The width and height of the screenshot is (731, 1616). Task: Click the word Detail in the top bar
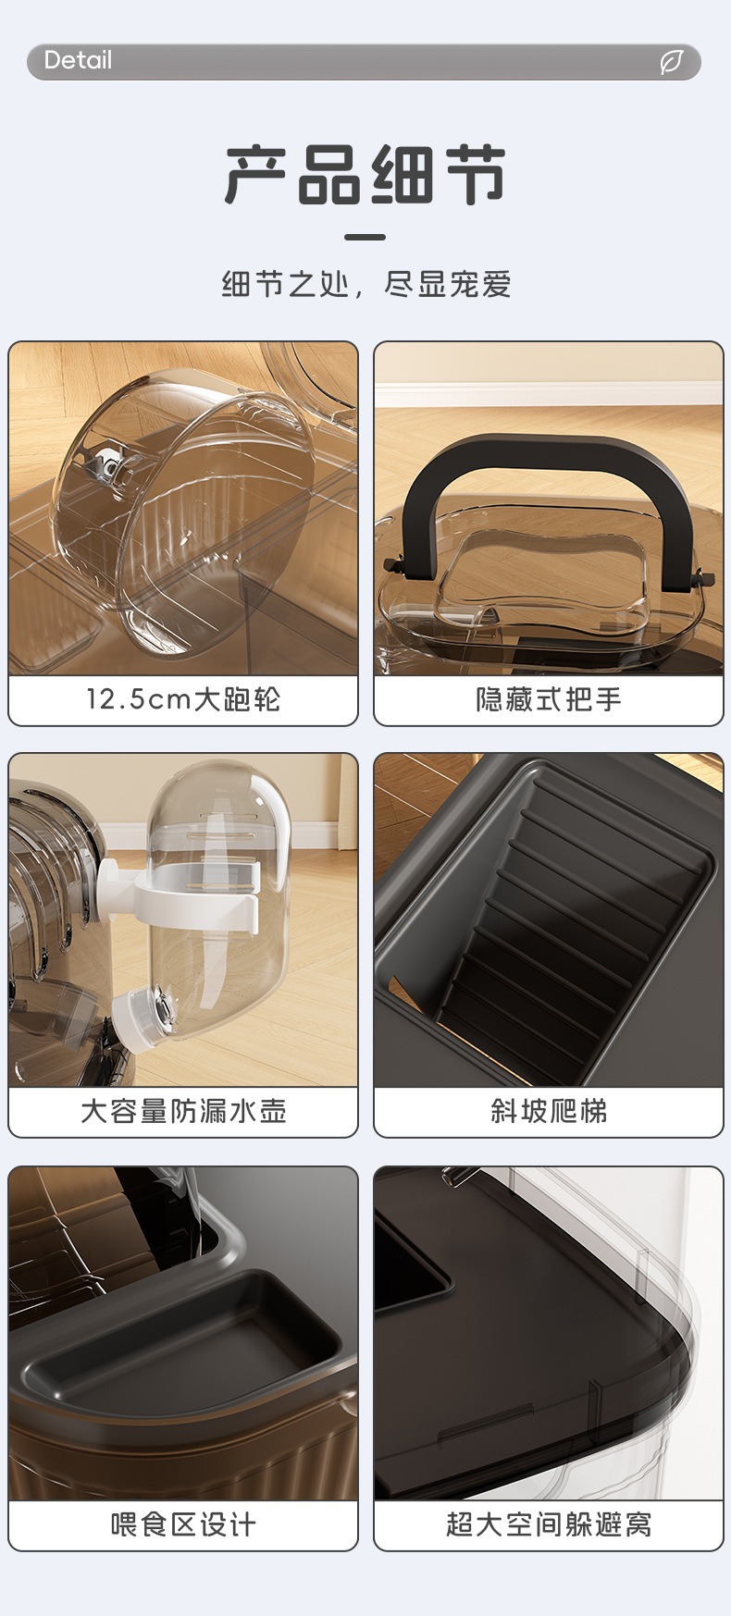click(x=78, y=61)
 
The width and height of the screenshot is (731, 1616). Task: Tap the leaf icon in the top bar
click(x=671, y=62)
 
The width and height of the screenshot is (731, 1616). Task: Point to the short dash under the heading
click(x=365, y=237)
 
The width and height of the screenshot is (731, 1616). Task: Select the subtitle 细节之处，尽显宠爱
click(x=365, y=284)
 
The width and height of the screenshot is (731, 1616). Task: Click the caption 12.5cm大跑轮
click(x=183, y=699)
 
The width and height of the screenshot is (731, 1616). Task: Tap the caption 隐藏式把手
click(x=548, y=699)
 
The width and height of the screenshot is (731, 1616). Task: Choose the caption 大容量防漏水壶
click(x=183, y=1111)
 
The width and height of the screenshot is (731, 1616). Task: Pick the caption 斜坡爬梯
click(x=548, y=1111)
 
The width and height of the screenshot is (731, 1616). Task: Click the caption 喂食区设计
click(x=183, y=1524)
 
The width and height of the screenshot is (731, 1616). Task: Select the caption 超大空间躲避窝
click(x=548, y=1524)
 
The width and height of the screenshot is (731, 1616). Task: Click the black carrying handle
click(x=548, y=463)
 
